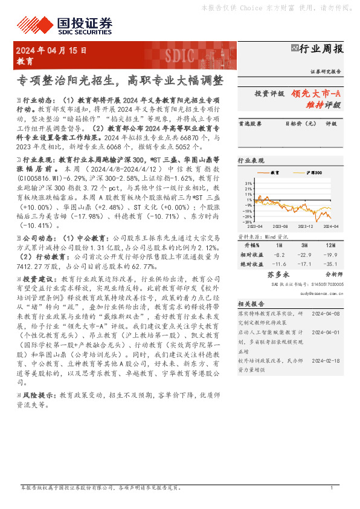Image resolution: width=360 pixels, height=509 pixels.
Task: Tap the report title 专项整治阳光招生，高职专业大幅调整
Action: tap(119, 80)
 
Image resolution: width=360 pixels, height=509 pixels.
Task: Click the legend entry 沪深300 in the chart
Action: tap(313, 173)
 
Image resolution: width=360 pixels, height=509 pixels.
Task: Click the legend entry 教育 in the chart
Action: tap(274, 173)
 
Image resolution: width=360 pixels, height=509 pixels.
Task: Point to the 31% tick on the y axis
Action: tap(248, 182)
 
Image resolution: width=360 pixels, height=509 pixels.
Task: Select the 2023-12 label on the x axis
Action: tap(305, 226)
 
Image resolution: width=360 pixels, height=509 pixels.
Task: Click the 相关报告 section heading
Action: tap(249, 303)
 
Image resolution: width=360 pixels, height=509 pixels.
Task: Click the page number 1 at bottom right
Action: tap(332, 488)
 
